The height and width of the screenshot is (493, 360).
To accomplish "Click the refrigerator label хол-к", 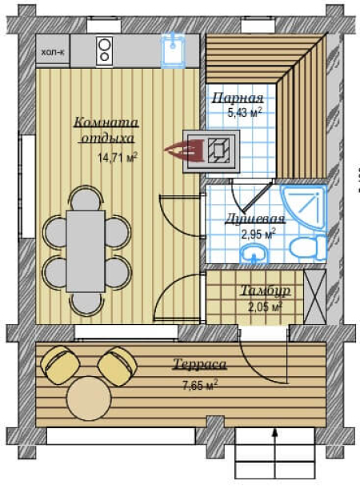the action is [x=53, y=52].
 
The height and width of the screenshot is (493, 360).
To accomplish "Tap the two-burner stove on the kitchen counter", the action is [x=104, y=51].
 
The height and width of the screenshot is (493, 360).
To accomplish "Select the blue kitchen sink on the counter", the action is [x=173, y=51].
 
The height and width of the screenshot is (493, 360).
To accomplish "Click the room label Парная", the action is [x=238, y=98].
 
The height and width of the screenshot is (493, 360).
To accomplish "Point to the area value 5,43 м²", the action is [x=245, y=113].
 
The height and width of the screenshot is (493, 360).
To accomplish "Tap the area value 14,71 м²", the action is [x=118, y=158].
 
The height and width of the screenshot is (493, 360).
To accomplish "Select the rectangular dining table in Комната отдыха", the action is [x=86, y=251].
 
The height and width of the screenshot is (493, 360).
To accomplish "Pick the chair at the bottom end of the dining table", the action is [x=86, y=304].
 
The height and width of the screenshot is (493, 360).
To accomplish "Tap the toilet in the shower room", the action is [x=308, y=247].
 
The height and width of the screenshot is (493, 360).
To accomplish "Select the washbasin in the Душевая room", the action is [x=254, y=254].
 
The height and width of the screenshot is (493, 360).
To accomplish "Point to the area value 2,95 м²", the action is [x=258, y=234].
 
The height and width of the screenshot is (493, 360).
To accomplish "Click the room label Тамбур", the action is [x=266, y=291].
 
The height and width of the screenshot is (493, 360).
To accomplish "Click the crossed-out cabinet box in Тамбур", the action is [x=314, y=297].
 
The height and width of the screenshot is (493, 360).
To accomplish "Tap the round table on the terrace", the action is [x=90, y=399].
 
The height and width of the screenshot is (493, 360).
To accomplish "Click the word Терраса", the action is [x=200, y=364].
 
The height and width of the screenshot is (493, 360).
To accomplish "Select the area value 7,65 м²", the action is [x=200, y=384].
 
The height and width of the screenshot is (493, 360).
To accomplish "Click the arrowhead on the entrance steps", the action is [x=274, y=433].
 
